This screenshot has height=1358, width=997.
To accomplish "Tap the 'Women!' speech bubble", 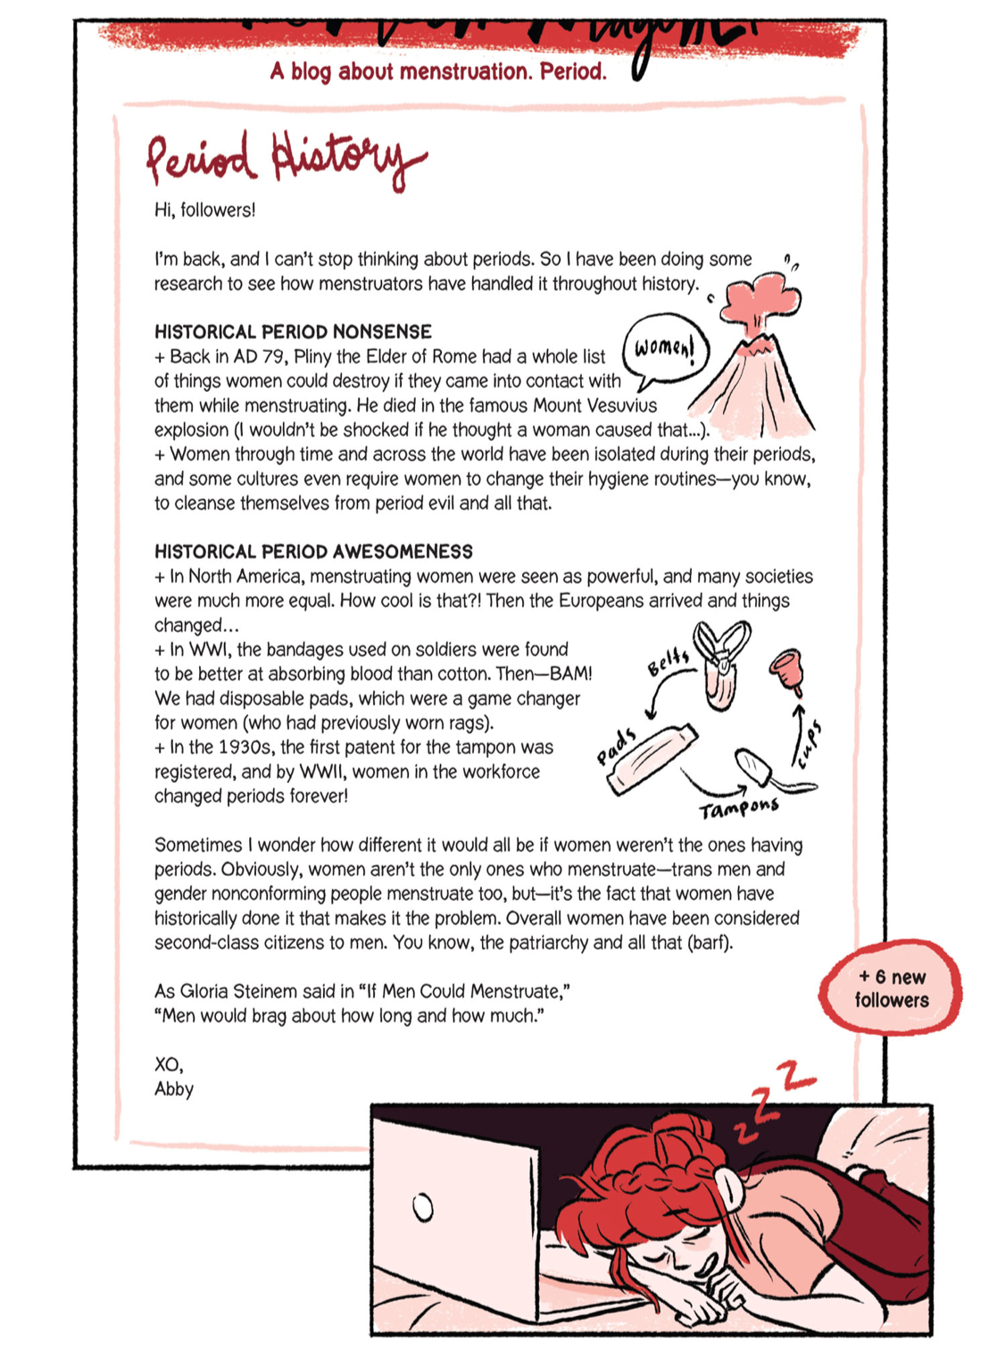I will (x=665, y=348).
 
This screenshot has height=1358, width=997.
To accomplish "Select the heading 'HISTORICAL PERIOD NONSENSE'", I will (x=293, y=332).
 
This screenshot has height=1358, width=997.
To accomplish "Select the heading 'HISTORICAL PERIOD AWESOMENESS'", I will (x=313, y=552).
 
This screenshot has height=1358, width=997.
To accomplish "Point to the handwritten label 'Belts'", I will (x=669, y=662).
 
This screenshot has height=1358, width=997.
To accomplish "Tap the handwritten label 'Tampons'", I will (x=739, y=809).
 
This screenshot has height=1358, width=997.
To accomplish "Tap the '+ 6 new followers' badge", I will (x=891, y=988).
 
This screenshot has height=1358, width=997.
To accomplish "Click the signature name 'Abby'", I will (x=174, y=1089).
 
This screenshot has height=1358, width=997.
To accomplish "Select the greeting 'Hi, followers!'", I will (x=204, y=210).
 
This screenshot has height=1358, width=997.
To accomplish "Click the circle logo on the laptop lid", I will (x=423, y=1208).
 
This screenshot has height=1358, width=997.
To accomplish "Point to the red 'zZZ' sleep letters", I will (x=772, y=1098).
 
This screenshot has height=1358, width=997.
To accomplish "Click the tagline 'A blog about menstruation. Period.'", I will (x=438, y=71).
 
